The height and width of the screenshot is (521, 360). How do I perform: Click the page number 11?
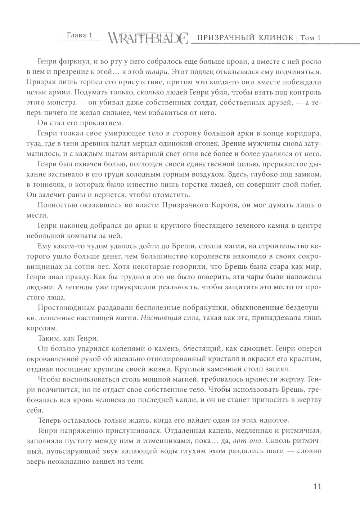(317, 486)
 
